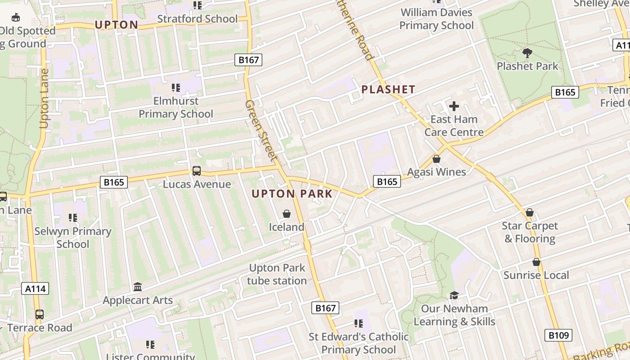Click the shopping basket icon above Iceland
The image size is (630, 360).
tap(286, 214)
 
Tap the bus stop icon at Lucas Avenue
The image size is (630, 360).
tap(197, 171)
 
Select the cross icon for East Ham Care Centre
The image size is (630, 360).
tap(454, 106)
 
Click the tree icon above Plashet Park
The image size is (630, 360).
tap(527, 53)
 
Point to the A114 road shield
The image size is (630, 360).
tap(35, 288)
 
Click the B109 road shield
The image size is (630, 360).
tap(558, 335)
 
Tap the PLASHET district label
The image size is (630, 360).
tap(388, 90)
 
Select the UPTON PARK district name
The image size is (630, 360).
tap(292, 194)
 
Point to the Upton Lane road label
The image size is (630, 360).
tap(44, 98)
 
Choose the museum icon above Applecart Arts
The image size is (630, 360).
tap(138, 287)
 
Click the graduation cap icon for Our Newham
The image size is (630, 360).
tap(454, 296)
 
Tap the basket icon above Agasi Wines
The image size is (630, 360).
tap(436, 159)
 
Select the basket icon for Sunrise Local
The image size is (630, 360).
tap(536, 262)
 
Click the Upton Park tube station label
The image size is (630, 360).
tap(277, 274)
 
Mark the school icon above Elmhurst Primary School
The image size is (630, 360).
tap(176, 87)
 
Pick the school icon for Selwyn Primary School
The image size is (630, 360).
tap(73, 218)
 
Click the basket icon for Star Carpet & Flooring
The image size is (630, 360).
tap(530, 212)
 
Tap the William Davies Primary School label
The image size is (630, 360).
tap(436, 19)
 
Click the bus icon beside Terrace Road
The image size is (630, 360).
tap(40, 314)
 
